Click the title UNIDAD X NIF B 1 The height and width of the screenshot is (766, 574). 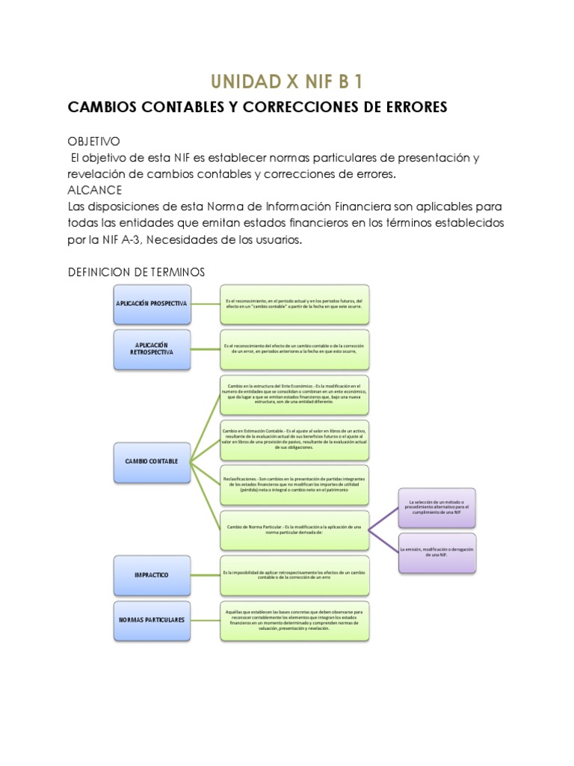pos(287,81)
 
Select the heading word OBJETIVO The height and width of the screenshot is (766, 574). pos(93,141)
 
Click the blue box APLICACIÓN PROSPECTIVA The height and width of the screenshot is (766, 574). pos(151,303)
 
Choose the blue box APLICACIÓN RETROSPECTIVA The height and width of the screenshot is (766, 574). pos(151,347)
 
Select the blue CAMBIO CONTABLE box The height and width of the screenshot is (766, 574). pos(151,462)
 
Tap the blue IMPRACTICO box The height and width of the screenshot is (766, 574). pos(151,574)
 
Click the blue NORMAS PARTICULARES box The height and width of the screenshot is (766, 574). pos(151,619)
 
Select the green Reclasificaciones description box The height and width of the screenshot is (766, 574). pos(294,484)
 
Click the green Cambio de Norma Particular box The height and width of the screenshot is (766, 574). pos(294,530)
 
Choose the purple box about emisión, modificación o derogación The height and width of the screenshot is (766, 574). pos(436,553)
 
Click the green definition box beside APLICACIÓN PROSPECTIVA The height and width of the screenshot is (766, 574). pos(294,303)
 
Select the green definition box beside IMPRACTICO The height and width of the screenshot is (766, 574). pos(294,574)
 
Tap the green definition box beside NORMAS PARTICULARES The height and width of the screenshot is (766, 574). pos(294,619)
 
